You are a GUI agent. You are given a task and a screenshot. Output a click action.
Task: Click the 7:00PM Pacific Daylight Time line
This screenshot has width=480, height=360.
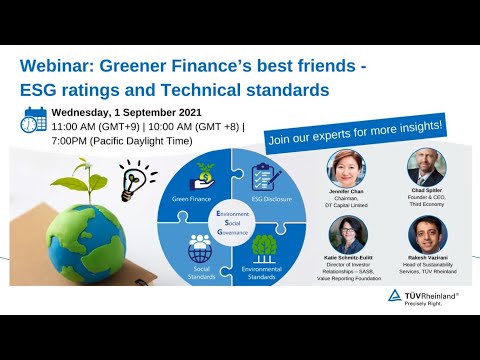tap(110, 142)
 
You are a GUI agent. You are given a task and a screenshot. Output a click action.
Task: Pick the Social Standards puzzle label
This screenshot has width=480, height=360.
tap(200, 271)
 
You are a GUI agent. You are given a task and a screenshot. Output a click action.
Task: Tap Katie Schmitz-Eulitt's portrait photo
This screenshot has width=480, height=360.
tap(348, 234)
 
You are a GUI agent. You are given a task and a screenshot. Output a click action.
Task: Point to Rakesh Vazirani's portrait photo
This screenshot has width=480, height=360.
tap(427, 234)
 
